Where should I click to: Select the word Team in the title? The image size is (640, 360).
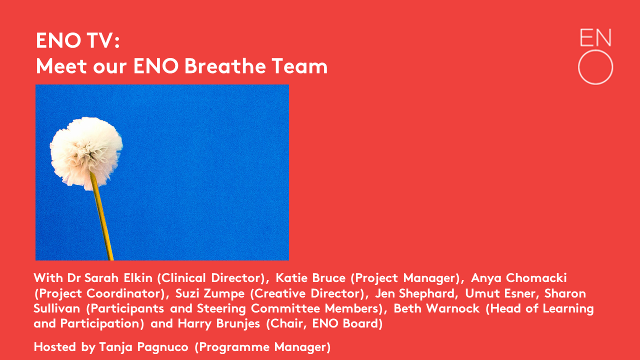[299, 66]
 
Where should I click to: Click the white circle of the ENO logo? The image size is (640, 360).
[595, 67]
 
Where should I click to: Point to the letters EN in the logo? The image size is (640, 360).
[595, 37]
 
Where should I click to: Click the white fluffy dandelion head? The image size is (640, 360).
[86, 153]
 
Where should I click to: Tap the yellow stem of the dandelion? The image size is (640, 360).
[102, 216]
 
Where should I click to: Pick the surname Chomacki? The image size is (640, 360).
[536, 278]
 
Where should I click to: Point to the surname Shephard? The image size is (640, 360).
[428, 293]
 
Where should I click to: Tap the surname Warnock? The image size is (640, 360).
[453, 308]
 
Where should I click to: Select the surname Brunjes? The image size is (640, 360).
[238, 324]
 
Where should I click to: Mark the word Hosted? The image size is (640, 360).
[55, 347]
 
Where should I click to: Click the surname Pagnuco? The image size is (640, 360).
[163, 347]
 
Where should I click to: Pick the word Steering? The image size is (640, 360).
[221, 309]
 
